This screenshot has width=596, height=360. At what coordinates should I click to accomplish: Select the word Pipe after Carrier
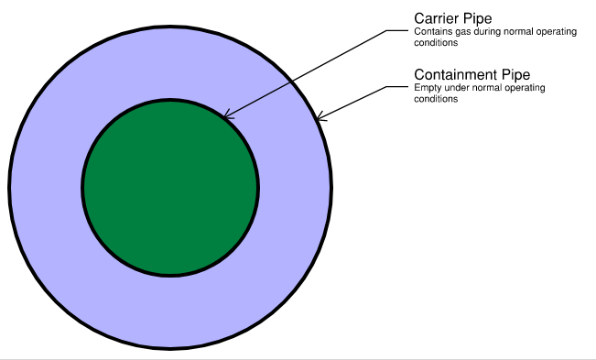point(478,19)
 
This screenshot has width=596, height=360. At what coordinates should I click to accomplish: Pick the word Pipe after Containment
point(514,74)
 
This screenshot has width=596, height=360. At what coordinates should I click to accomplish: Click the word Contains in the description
point(429,33)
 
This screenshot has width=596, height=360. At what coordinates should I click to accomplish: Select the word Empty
point(427,88)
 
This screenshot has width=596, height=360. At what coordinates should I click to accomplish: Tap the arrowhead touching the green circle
point(227,115)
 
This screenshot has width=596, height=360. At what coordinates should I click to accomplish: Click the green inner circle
point(169,187)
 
